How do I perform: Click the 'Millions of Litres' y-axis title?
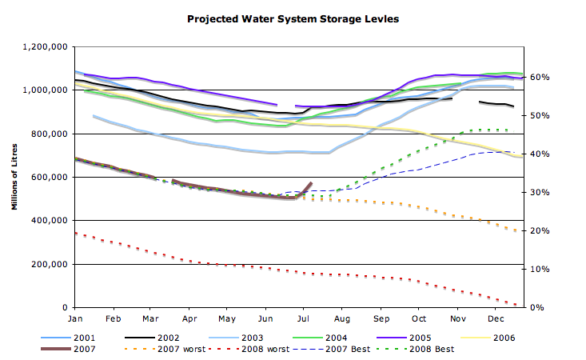click(15, 176)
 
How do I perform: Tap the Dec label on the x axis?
click(496, 319)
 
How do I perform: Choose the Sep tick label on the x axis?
click(381, 319)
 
